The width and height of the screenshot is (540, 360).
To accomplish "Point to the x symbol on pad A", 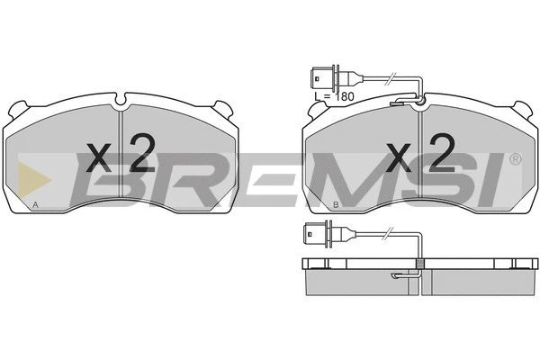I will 100,160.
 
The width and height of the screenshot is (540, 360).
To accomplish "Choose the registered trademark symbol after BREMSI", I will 514,160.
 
